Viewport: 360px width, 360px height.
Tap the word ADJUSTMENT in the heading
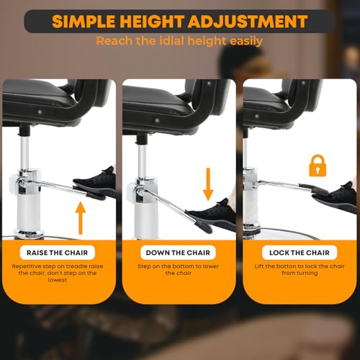tap(248, 22)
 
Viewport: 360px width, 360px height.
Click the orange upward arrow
tap(81, 218)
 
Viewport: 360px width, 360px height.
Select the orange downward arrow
tap(208, 184)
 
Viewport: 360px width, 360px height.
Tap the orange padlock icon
tap(318, 166)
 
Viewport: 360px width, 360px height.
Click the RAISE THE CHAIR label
tap(57, 253)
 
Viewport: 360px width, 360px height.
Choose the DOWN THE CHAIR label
tap(178, 253)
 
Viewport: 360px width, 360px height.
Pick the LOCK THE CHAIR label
tap(300, 253)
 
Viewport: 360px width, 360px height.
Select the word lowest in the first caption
tap(58, 280)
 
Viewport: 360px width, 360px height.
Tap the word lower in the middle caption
tap(211, 266)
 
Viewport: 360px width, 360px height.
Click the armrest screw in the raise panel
tap(40, 112)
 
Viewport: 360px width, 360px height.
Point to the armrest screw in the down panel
tap(157, 120)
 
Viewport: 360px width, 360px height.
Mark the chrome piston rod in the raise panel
tap(24, 153)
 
